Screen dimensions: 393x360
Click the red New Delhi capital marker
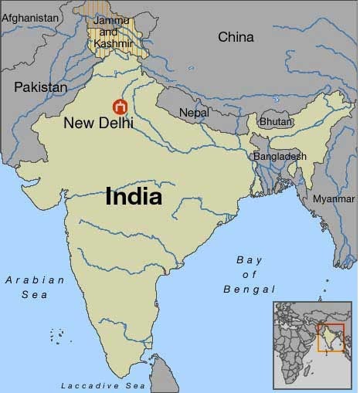(120, 107)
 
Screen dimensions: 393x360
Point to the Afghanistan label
(31, 16)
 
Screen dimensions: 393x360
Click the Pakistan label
(41, 87)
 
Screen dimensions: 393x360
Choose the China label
(236, 36)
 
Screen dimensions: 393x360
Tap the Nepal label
(194, 113)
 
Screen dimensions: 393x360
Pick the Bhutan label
(277, 122)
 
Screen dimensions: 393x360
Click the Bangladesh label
(280, 156)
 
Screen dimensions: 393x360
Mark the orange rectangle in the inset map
(331, 338)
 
